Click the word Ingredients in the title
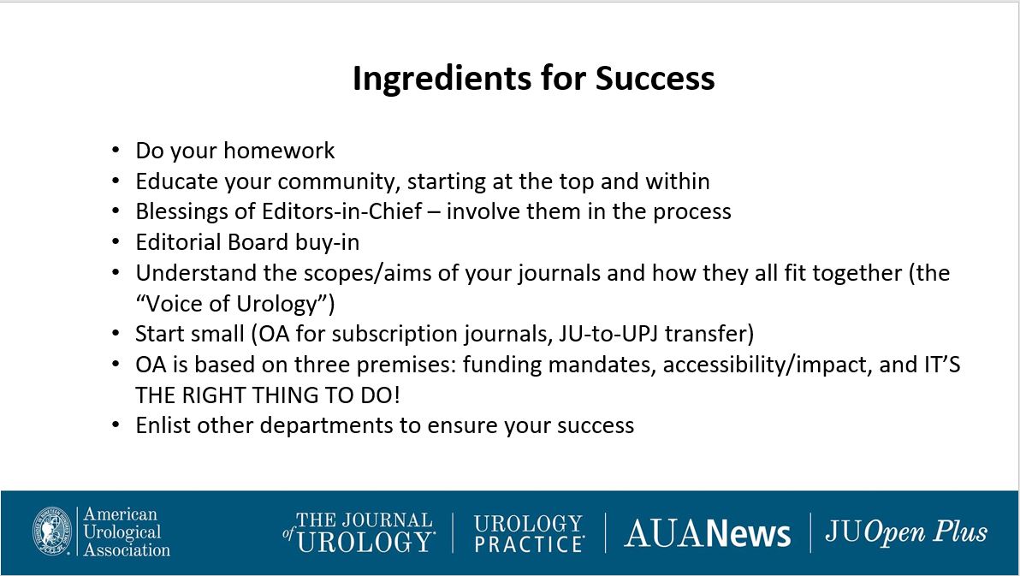coord(441,79)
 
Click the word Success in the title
coord(655,77)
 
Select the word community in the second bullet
coord(338,181)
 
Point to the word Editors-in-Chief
coord(342,211)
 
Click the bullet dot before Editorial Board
coord(116,242)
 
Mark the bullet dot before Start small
coord(116,333)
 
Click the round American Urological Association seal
coord(52,531)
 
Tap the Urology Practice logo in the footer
coord(529,533)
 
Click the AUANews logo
coord(707,534)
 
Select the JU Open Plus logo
coord(906,532)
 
